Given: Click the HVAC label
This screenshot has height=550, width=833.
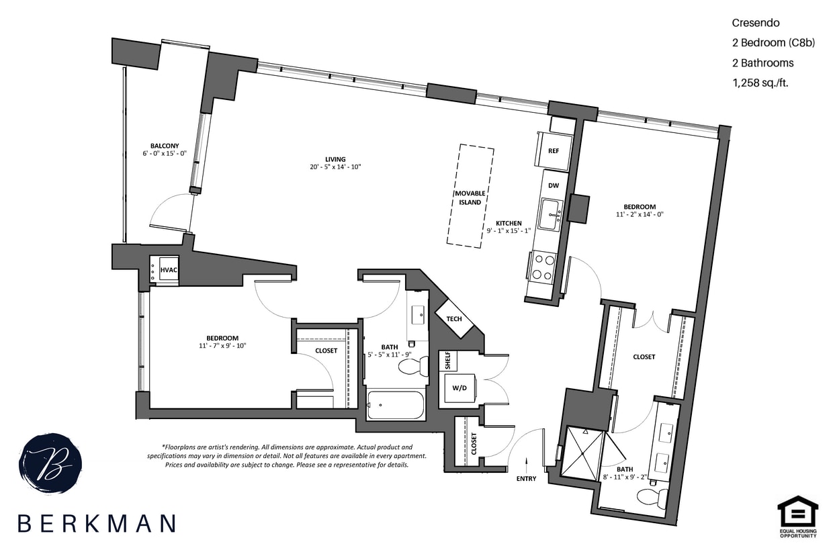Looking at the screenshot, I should [x=169, y=270].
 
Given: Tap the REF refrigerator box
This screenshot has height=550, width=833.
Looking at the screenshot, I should [x=553, y=150].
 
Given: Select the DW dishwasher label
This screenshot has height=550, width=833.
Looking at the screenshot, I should [x=553, y=185].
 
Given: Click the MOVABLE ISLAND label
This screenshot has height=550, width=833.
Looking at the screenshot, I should [x=470, y=197].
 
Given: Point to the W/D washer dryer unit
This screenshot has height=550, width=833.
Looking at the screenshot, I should [x=460, y=388].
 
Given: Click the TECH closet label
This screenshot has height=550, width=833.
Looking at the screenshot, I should [x=455, y=318].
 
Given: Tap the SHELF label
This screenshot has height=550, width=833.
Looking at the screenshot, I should [x=448, y=361].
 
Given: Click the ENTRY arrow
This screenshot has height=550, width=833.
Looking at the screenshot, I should [x=526, y=463].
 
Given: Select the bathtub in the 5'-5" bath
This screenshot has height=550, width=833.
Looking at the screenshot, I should [x=396, y=405].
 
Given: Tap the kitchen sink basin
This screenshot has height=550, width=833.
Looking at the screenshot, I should [x=552, y=214].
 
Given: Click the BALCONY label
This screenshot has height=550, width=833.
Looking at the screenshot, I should [x=165, y=146].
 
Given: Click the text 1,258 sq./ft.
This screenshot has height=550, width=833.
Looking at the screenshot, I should [x=760, y=83].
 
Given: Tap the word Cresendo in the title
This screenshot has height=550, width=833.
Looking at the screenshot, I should [x=755, y=23].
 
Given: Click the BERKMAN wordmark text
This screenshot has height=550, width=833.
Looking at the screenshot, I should [x=97, y=523].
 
